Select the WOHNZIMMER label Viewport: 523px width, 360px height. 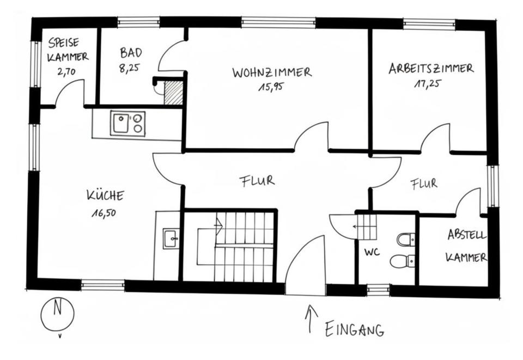(271, 72)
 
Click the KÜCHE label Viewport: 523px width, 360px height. (105, 195)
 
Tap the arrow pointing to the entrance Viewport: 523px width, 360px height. (312, 319)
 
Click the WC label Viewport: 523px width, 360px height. (372, 252)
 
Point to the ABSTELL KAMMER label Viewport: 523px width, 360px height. (466, 246)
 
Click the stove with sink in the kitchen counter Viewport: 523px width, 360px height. (128, 124)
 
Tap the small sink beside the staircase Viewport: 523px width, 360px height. (171, 238)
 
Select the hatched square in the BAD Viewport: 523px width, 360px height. (174, 93)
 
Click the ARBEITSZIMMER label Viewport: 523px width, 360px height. (430, 69)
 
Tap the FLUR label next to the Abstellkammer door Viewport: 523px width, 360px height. (424, 184)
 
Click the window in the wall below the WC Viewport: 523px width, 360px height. (378, 290)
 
